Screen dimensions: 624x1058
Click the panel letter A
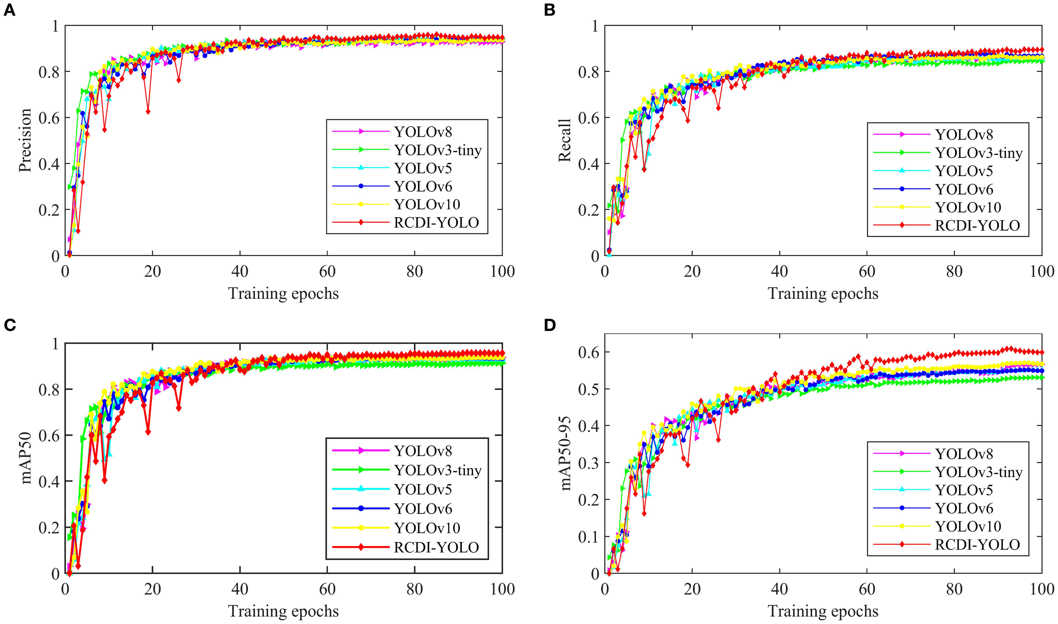[9, 10]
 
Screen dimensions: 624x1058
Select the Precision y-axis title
[25, 140]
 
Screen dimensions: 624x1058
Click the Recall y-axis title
[565, 140]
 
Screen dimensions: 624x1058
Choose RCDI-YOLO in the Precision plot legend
[436, 223]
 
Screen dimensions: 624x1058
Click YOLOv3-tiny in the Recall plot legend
[979, 153]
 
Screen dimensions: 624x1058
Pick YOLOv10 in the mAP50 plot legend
[427, 528]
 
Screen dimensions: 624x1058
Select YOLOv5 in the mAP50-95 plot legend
[964, 490]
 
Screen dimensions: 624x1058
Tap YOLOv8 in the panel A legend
[423, 132]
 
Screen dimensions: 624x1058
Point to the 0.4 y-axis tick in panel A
[49, 164]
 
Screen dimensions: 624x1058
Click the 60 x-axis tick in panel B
[867, 271]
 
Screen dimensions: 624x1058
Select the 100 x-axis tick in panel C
[502, 589]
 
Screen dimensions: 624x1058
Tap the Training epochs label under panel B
[823, 293]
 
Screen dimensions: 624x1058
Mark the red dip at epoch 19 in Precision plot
[148, 112]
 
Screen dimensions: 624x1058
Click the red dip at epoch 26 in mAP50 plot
[179, 408]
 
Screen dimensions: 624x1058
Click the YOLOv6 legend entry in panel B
[964, 189]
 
